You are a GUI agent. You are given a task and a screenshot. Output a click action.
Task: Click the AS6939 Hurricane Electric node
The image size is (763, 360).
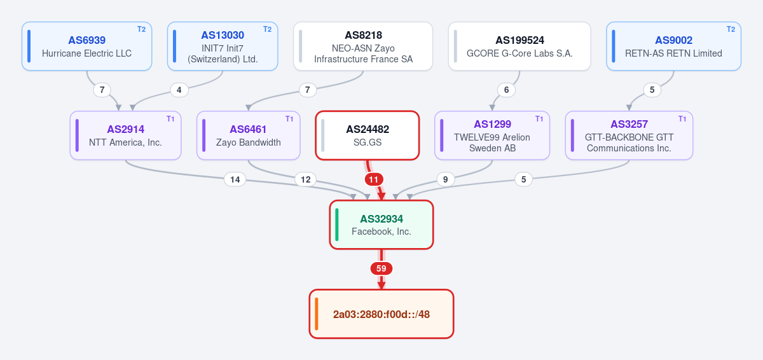[87, 46]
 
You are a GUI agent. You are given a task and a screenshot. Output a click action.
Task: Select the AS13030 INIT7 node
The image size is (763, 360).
[223, 46]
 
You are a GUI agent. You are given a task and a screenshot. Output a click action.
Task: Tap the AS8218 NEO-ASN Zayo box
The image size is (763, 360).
[363, 46]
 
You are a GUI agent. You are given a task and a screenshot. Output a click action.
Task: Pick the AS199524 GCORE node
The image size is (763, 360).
[519, 46]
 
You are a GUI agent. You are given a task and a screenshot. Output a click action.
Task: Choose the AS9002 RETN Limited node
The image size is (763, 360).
[673, 46]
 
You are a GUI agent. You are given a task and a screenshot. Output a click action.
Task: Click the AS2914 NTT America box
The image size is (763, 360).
[125, 135]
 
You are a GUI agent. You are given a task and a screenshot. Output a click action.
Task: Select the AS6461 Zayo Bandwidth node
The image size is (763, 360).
[249, 135]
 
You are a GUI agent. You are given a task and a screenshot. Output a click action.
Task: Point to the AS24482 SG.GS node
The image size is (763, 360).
[368, 135]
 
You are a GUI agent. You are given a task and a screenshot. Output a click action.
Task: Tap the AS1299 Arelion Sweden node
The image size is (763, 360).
[492, 135]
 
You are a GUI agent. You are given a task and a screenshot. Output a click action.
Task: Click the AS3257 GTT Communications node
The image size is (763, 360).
[629, 135]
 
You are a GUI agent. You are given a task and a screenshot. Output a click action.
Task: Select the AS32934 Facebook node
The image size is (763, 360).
[381, 225]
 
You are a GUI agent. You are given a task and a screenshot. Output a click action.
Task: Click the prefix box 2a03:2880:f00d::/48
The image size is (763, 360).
[381, 314]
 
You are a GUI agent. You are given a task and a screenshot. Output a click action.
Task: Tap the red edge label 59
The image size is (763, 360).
[381, 268]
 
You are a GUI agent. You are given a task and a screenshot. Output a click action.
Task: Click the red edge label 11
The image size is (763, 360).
[374, 179]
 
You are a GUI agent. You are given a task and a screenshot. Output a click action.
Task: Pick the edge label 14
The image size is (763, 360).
[235, 179]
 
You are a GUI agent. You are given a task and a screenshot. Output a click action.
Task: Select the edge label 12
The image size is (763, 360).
[306, 179]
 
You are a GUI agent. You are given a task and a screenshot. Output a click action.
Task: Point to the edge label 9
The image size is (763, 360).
[445, 179]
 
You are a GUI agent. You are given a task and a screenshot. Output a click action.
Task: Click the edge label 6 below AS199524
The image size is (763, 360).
[507, 90]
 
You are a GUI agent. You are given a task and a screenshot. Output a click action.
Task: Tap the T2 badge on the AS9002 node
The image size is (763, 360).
[731, 29]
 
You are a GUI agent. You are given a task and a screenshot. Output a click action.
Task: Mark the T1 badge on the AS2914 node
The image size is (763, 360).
[170, 118]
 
